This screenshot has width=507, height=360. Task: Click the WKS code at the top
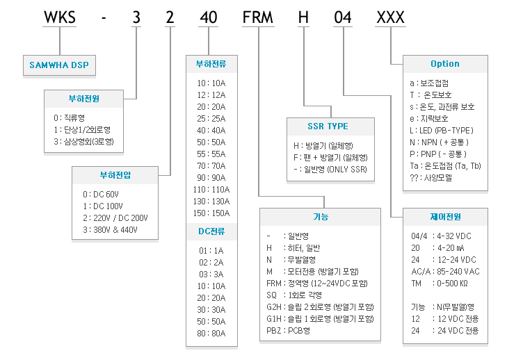tap(60, 17)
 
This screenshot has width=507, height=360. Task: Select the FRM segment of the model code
tap(258, 17)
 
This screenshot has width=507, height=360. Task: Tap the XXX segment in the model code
tap(391, 17)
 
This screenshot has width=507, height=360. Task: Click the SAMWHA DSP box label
tap(59, 65)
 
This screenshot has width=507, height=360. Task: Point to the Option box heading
tap(445, 64)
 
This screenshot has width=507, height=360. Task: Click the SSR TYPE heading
tap(328, 126)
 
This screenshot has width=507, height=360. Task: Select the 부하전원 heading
tap(83, 99)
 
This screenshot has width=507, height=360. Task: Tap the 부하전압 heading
tap(115, 175)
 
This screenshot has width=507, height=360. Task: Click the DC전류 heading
tap(211, 231)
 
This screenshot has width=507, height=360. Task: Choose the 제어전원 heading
tap(445, 217)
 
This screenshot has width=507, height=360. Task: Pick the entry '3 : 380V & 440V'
tap(110, 230)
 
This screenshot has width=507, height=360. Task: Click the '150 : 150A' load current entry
tap(211, 213)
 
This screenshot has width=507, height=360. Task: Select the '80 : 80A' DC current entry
tap(211, 334)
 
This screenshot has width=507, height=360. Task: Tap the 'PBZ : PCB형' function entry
tap(288, 331)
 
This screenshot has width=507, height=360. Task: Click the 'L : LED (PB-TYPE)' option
tap(442, 131)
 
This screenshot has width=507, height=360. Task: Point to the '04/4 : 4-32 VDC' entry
tap(441, 236)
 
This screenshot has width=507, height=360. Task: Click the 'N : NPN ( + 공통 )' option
tap(439, 142)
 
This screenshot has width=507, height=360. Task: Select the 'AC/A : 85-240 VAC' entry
tap(445, 272)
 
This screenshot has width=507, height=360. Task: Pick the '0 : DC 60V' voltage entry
tap(101, 194)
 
